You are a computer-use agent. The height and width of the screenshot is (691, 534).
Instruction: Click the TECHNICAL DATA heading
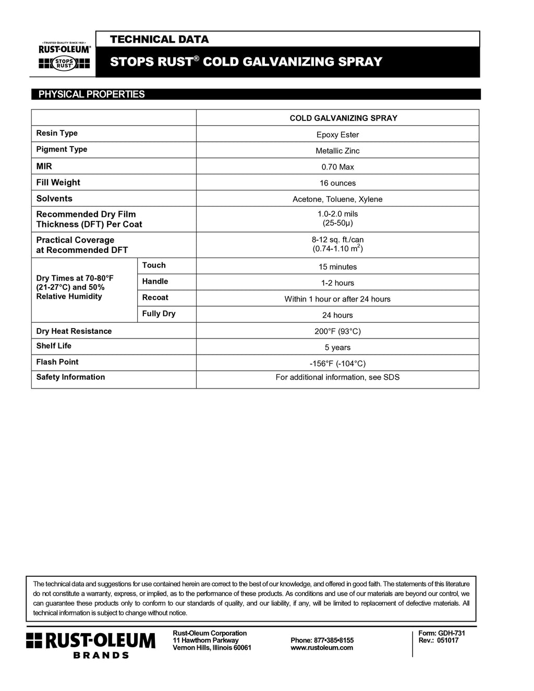[159, 40]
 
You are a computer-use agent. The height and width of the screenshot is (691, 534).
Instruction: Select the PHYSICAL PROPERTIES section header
[92, 94]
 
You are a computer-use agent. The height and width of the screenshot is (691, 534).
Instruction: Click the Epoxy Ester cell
[337, 135]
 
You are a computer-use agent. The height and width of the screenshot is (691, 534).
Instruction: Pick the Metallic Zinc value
[337, 151]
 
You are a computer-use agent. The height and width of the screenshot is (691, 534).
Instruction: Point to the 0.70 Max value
[337, 167]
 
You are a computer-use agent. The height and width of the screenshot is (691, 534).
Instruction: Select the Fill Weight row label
[58, 183]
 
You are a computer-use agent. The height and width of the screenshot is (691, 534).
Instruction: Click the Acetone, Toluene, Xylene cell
[337, 199]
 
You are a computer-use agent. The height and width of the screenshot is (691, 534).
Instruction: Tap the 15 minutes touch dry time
[337, 267]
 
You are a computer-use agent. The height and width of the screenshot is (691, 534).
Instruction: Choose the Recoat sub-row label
[155, 298]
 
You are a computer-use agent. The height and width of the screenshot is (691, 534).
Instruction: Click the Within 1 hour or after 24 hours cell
[337, 299]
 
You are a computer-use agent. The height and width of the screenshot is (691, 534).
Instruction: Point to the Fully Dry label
[159, 314]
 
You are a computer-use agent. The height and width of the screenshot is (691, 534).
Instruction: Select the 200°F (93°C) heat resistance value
[337, 332]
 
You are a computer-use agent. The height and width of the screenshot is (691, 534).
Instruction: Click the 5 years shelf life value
[337, 348]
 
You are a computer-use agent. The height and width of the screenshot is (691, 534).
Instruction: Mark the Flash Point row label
[57, 362]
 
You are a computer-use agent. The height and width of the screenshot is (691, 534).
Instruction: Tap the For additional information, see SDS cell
[337, 378]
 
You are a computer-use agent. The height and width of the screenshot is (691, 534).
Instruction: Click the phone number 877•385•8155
[322, 640]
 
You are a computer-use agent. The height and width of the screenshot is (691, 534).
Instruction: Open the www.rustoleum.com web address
[322, 648]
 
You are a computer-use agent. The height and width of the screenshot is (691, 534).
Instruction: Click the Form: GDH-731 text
[442, 633]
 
